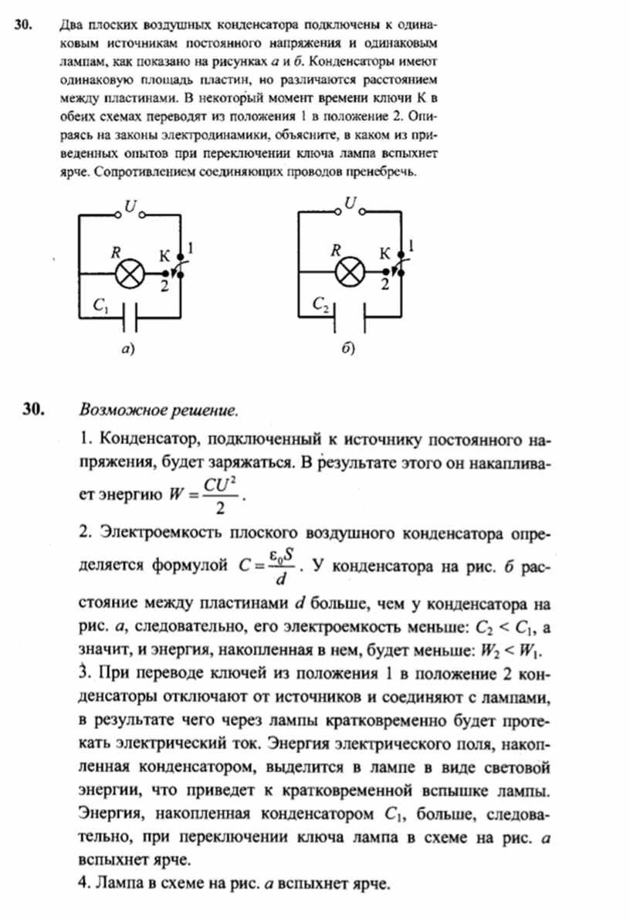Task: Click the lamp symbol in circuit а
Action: point(129,273)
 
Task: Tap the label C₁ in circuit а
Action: point(100,306)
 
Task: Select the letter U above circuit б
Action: point(351,204)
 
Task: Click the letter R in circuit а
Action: point(117,252)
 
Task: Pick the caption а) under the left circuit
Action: point(128,349)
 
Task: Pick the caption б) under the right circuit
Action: point(349,349)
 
